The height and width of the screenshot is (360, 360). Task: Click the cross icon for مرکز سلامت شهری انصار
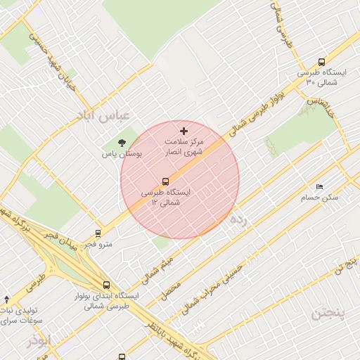tap(184, 131)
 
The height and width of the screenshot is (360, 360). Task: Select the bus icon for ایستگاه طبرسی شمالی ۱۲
tap(165, 181)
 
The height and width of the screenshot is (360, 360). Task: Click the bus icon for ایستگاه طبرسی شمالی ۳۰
tap(322, 62)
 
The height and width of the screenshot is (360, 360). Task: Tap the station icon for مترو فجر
tap(98, 234)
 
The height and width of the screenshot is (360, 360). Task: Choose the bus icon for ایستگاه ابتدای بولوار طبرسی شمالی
tap(106, 285)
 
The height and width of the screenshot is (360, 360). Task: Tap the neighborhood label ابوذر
tap(40, 342)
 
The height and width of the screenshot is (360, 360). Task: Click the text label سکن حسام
tap(321, 198)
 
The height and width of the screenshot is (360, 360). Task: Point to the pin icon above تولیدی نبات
tap(7, 300)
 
